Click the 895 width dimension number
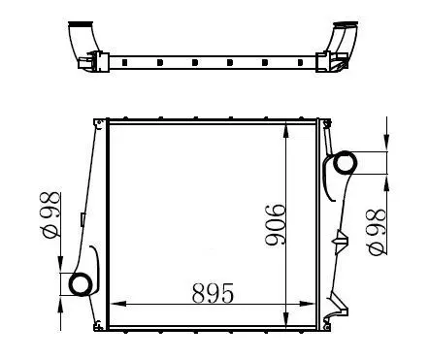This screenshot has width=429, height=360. pos(213,293)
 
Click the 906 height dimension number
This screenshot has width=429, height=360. pos(276,225)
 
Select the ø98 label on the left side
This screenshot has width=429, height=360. pos(50,215)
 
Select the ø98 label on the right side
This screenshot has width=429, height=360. pos(377,231)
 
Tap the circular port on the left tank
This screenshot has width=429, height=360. pos(81,284)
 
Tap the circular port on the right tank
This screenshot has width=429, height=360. pos(345,163)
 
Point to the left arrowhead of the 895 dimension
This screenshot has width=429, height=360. pos(118,304)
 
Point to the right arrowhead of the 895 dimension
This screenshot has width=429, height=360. pos(307,304)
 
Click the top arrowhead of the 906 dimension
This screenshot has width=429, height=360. pos(286,130)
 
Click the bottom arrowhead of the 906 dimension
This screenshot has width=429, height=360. pos(286,320)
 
